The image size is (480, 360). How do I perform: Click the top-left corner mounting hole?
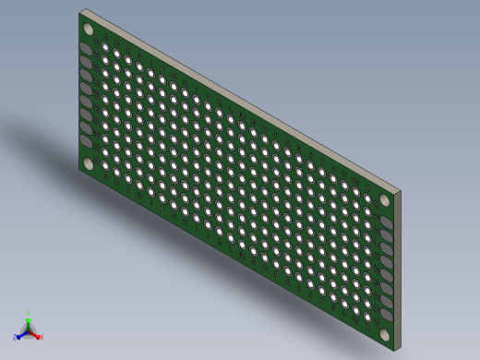[x=89, y=29]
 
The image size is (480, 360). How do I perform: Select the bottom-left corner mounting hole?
[x=89, y=163]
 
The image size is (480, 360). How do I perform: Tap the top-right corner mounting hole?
[x=386, y=198]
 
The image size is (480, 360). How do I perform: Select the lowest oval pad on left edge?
[x=86, y=142]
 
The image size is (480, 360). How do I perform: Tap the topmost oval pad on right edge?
[x=387, y=222]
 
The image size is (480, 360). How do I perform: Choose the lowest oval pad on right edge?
[x=387, y=315]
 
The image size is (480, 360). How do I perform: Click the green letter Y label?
[x=29, y=315]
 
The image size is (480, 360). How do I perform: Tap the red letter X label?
[x=42, y=338]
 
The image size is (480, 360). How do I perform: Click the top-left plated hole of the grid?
[x=105, y=45]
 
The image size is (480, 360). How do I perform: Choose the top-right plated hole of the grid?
[x=368, y=200]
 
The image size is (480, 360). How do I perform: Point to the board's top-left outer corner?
[x=80, y=12]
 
